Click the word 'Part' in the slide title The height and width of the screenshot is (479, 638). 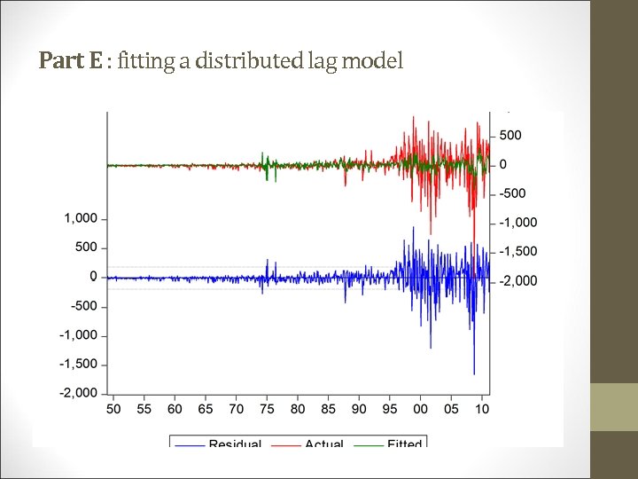pos(57,61)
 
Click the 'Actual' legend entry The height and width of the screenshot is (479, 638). pos(324,443)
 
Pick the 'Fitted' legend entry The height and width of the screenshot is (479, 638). pos(405,443)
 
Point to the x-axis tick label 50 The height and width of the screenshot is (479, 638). pos(113,410)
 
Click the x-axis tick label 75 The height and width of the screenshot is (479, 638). pos(267,410)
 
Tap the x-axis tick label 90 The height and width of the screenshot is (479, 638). pos(359,410)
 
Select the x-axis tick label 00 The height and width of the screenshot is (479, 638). pos(420,410)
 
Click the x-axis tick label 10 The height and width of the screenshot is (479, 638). pos(481,410)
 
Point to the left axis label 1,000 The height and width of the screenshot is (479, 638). pos(81,218)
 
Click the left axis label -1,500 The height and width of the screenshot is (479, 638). pos(78,365)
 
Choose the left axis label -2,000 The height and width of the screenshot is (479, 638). pos(78,393)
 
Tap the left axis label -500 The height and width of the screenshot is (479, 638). pos(83,306)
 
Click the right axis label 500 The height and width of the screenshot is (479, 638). pos(510,136)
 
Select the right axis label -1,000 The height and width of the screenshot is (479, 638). pos(518,223)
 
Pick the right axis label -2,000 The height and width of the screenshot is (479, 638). pos(518,281)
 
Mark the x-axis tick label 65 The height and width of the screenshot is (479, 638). pos(206,410)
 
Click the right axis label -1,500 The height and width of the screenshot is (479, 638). pos(518,252)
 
